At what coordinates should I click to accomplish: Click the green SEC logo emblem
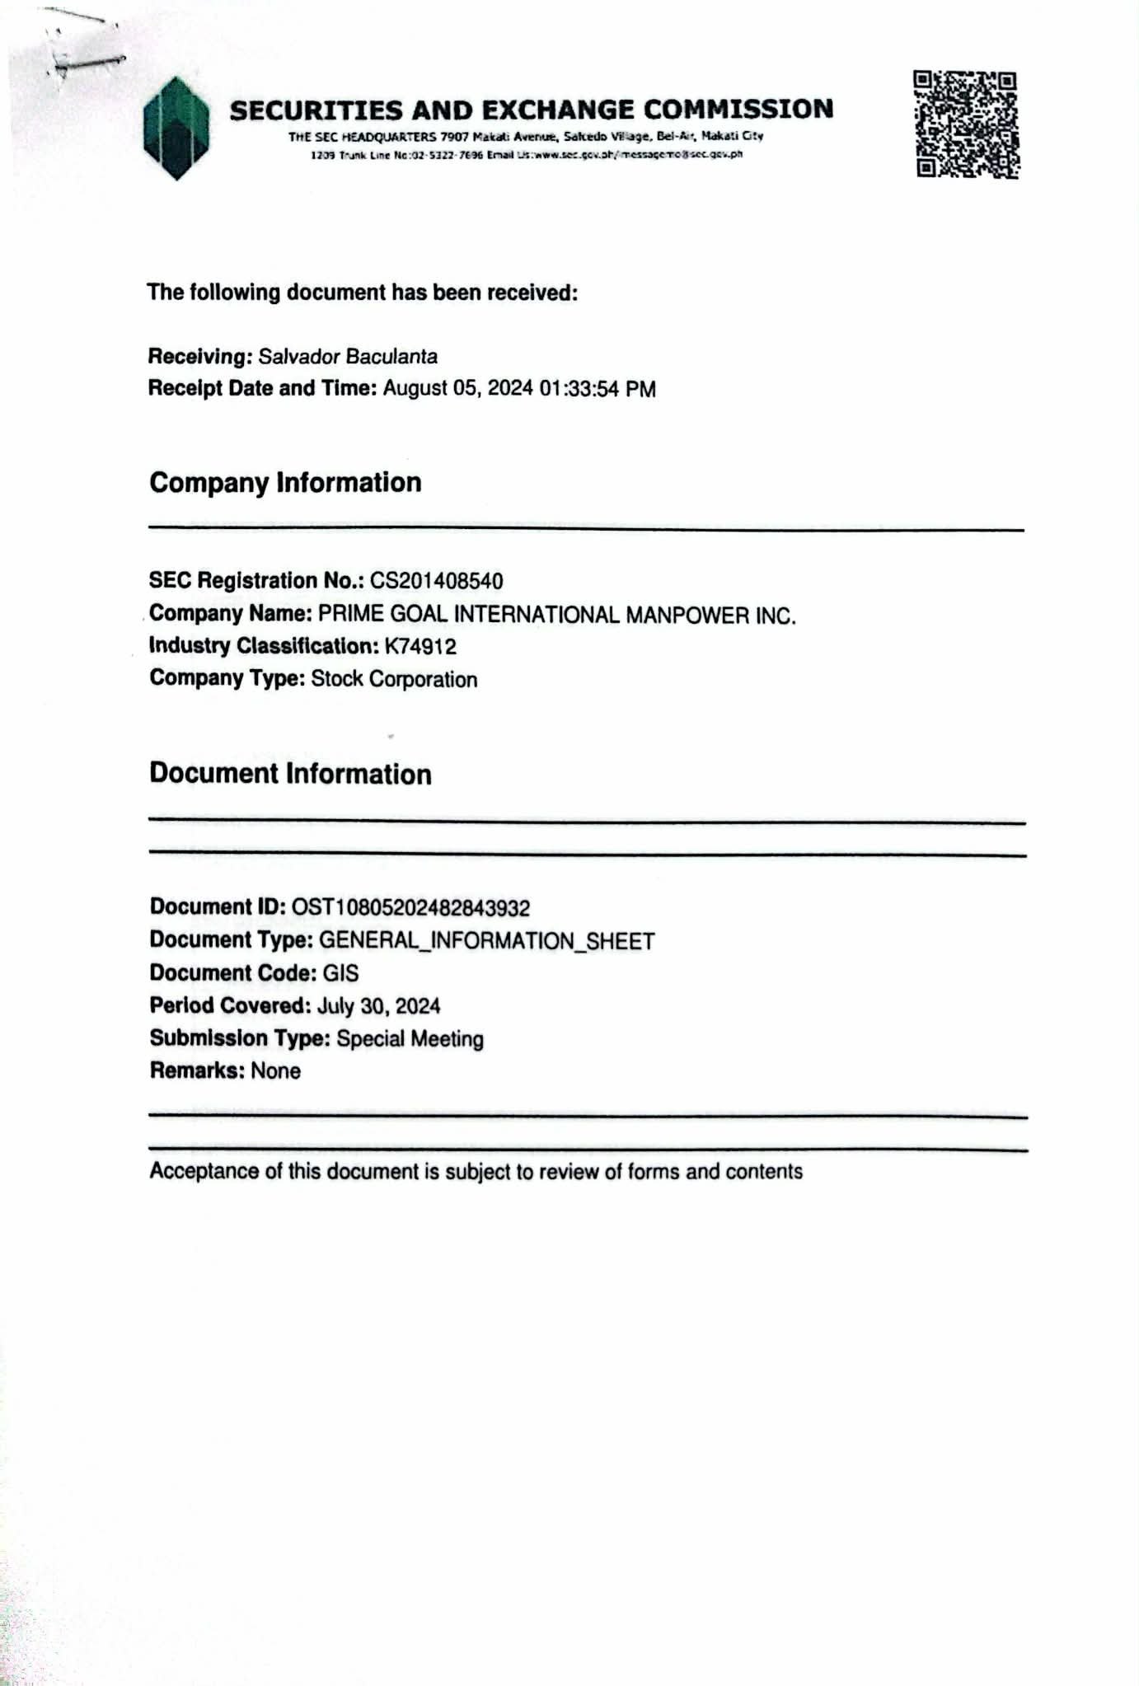click(176, 129)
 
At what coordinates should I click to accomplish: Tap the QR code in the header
click(965, 125)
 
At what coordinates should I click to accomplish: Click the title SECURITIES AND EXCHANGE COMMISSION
click(532, 110)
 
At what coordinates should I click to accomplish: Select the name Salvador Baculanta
click(348, 357)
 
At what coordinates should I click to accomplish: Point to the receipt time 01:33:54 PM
click(598, 389)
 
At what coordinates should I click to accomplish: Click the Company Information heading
click(285, 483)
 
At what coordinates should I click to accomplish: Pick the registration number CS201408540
click(436, 581)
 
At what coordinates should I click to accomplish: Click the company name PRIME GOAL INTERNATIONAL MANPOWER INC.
click(557, 615)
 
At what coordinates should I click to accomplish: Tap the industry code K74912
click(420, 647)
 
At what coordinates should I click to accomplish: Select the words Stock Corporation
click(394, 680)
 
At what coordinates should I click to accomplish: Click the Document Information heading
click(290, 775)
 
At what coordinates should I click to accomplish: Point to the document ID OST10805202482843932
click(410, 908)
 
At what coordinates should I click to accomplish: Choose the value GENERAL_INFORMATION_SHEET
click(486, 941)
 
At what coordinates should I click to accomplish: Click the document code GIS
click(340, 974)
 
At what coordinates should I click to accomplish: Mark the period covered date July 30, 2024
click(378, 1006)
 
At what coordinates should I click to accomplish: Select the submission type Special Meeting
click(410, 1039)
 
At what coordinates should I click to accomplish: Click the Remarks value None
click(275, 1071)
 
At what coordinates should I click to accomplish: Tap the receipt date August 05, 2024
click(458, 389)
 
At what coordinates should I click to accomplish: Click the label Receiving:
click(199, 357)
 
